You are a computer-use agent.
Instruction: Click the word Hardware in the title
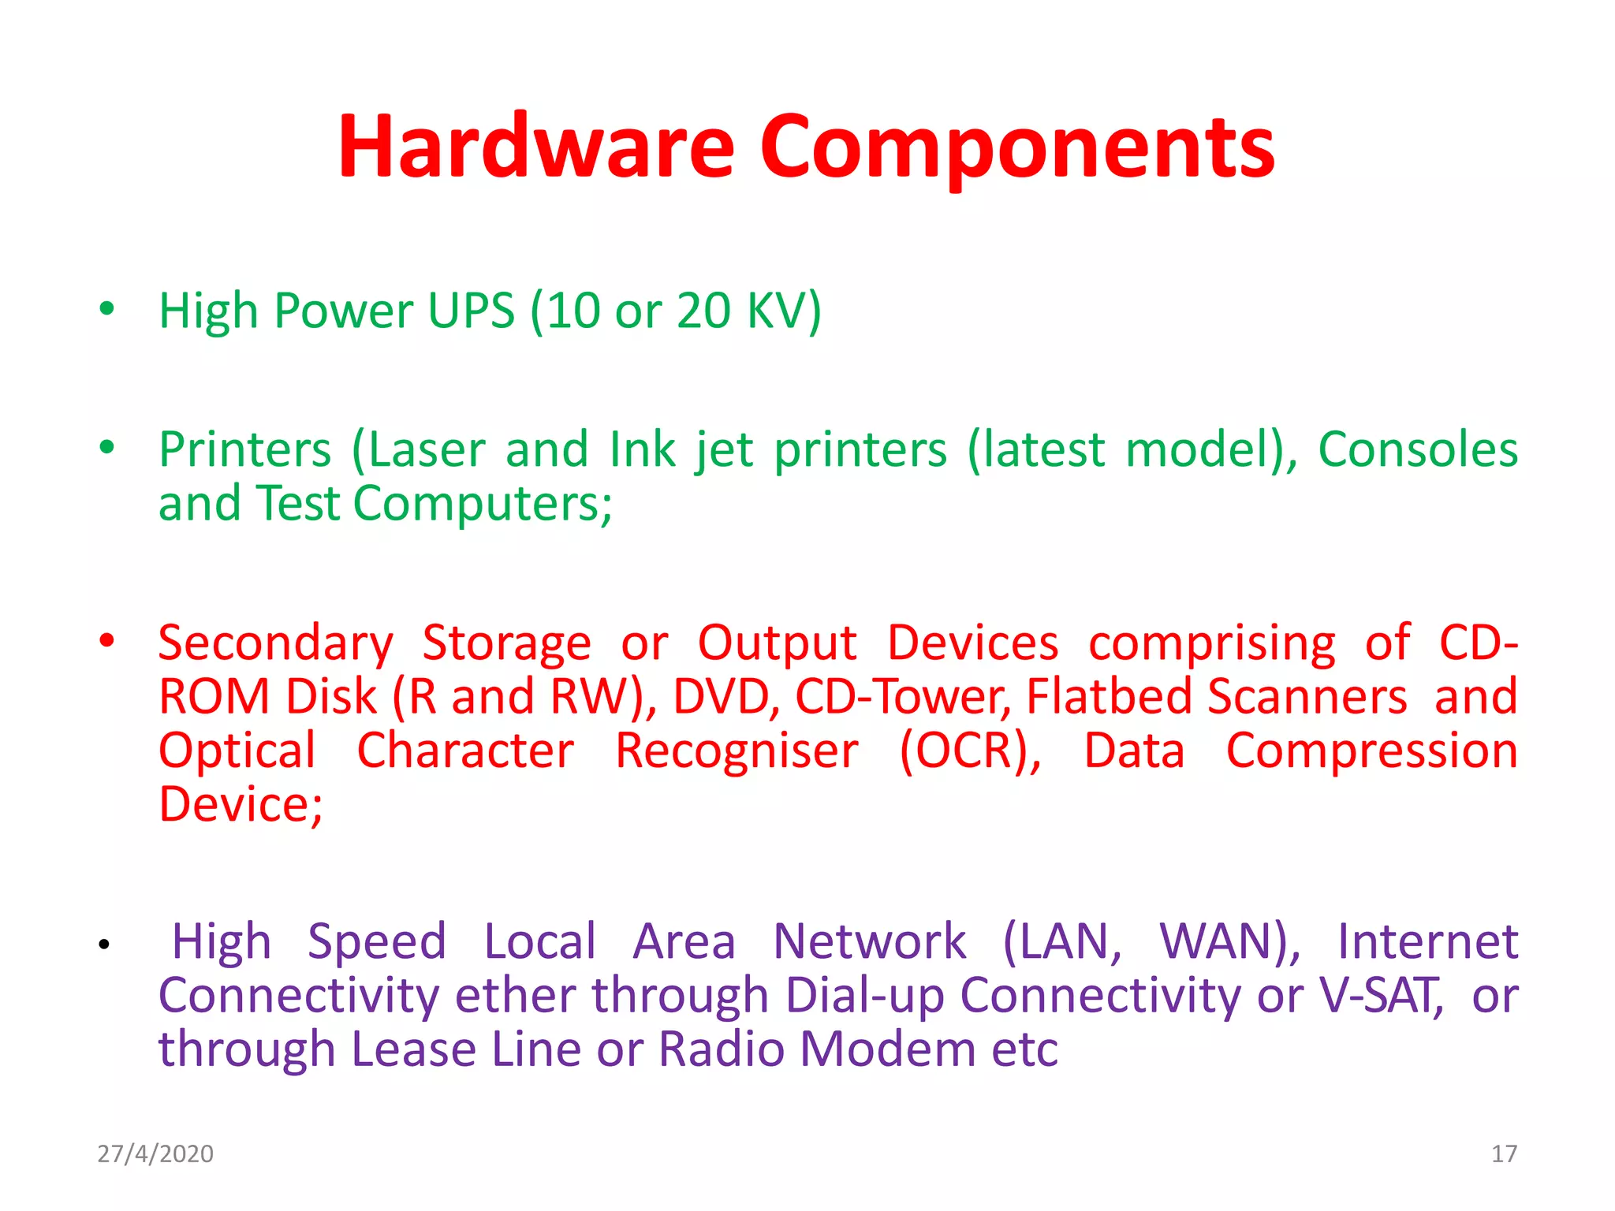[536, 147]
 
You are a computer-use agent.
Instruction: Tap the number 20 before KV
[703, 310]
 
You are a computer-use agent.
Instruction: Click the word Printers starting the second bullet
[245, 450]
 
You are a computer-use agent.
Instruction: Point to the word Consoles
[1417, 450]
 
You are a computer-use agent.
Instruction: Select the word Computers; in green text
[483, 504]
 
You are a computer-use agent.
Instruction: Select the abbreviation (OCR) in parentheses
[969, 751]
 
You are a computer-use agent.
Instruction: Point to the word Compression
[1371, 751]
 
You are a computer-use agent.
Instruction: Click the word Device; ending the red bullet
[241, 804]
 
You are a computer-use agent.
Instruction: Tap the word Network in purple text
[869, 942]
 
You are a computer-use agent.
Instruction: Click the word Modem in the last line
[888, 1049]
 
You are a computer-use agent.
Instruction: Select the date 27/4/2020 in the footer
[155, 1153]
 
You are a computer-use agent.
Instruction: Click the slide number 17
[1504, 1153]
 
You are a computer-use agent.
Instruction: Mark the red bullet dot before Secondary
[107, 639]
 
